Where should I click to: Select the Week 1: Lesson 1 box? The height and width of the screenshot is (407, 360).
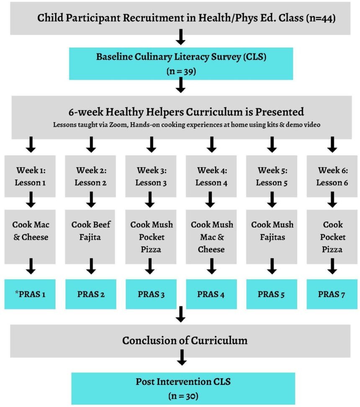click(30, 176)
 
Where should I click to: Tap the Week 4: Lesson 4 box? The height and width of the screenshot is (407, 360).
click(211, 176)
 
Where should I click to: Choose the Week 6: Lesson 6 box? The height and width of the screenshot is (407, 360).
click(332, 176)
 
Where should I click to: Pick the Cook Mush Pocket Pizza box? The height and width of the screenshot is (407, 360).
click(151, 237)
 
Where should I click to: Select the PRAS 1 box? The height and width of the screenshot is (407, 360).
click(30, 294)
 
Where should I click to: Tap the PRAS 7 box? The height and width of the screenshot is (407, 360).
click(332, 294)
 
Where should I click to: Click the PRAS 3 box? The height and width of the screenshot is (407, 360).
click(151, 294)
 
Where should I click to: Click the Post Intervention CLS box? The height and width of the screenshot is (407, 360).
click(183, 387)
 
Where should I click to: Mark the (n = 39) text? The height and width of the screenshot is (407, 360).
click(181, 71)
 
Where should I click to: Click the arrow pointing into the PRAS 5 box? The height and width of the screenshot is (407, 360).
click(272, 266)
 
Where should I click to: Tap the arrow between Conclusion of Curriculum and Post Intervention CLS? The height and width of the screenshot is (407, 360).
click(181, 358)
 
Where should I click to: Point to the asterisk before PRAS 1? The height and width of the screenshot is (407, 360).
click(17, 292)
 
